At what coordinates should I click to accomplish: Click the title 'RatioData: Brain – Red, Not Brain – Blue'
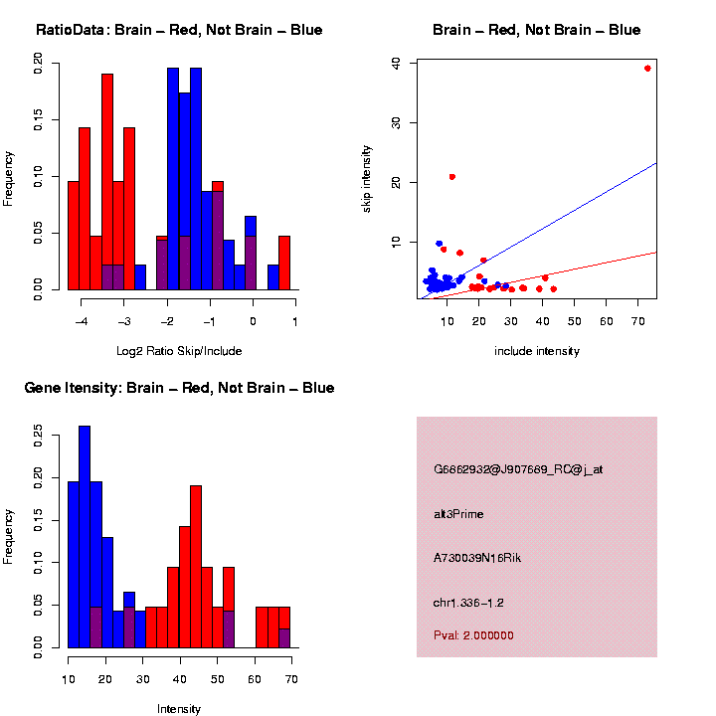[x=179, y=30]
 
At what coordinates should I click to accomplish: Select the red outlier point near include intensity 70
[x=647, y=69]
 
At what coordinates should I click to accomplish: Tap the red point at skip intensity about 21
[x=452, y=177]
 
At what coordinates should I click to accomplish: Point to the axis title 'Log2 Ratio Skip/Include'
[x=179, y=351]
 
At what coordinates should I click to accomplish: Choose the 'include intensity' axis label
[x=537, y=351]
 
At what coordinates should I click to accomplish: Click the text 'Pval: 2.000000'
[x=473, y=635]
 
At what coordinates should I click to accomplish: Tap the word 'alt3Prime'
[x=458, y=514]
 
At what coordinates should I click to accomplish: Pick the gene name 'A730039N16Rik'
[x=477, y=558]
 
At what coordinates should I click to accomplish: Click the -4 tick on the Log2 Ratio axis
[x=81, y=322]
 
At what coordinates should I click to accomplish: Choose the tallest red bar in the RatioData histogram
[x=107, y=182]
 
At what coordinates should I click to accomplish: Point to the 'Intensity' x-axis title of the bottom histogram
[x=179, y=709]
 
